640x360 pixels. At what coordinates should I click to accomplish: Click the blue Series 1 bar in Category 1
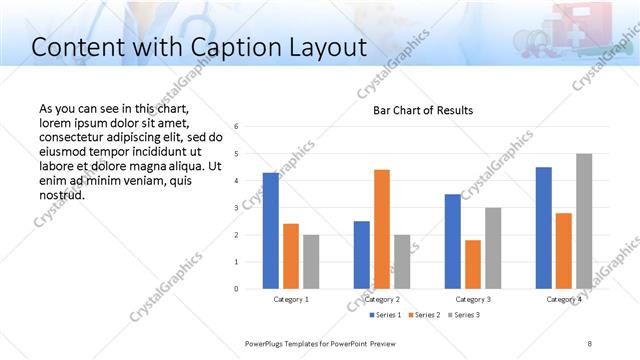[270, 231]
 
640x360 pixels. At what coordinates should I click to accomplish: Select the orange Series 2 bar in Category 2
[382, 229]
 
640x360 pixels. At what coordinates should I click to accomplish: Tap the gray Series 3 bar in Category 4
[584, 221]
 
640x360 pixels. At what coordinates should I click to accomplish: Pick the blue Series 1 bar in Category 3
[453, 241]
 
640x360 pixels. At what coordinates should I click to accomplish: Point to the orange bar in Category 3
[473, 264]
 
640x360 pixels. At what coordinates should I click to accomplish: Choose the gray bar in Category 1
[311, 262]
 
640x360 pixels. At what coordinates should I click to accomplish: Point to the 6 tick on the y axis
[236, 127]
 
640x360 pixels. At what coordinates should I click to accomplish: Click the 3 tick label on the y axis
[236, 208]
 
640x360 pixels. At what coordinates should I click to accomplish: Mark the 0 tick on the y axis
[236, 289]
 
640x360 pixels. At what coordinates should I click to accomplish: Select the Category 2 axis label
[382, 299]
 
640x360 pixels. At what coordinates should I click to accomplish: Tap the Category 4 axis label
[564, 299]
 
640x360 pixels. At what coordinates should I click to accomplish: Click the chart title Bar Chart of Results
[423, 110]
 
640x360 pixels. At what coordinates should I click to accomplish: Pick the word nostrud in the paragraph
[61, 195]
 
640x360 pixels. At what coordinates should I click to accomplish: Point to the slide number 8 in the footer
[590, 343]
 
